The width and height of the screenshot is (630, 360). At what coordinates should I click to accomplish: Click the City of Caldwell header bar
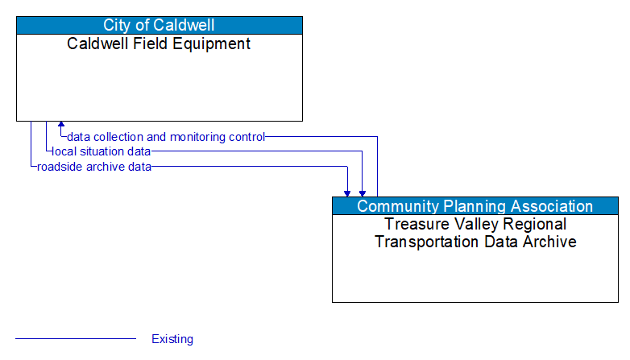point(159,25)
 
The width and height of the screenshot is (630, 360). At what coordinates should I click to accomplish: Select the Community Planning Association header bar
point(475,206)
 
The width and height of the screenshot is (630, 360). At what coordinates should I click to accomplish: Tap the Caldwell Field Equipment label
point(159,43)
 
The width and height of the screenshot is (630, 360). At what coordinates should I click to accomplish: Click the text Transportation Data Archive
point(475,242)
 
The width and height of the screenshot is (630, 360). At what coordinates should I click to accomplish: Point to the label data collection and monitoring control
point(166,137)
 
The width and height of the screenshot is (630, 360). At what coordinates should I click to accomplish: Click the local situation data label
point(101,151)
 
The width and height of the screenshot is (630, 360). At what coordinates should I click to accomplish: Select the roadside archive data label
point(93,167)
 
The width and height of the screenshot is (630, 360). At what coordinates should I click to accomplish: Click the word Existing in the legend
point(172,339)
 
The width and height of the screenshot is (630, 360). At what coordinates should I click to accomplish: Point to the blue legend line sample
point(76,339)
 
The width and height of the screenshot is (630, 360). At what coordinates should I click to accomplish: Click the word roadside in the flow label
point(57,167)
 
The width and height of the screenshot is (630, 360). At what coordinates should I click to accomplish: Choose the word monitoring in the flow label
point(197,137)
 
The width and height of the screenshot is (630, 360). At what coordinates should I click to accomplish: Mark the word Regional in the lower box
point(536,224)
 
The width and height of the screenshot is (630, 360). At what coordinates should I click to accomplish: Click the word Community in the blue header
point(395,206)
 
